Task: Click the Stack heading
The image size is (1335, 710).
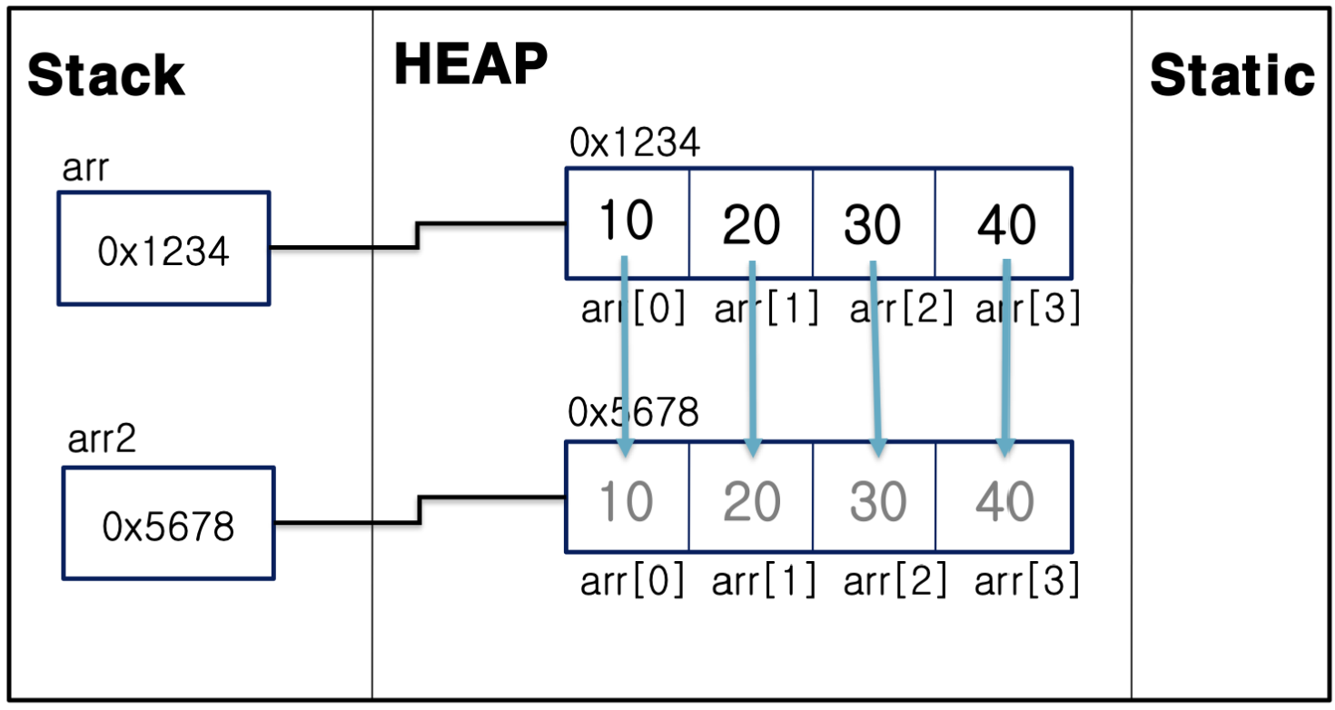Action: click(x=106, y=75)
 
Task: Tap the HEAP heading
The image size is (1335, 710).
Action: click(x=470, y=64)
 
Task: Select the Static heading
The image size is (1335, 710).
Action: click(x=1231, y=74)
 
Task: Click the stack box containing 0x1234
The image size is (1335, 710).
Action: click(x=164, y=248)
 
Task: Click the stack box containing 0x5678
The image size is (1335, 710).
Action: click(x=168, y=524)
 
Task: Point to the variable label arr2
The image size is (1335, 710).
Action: click(x=102, y=439)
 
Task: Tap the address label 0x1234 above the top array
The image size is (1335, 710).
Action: click(x=635, y=143)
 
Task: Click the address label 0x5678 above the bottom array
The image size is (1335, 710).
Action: click(x=634, y=413)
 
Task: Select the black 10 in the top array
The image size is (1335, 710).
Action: click(x=627, y=220)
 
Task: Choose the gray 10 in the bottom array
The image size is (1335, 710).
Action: click(x=627, y=500)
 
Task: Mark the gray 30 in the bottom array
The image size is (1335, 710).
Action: click(x=877, y=501)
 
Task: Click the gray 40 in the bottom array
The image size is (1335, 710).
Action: click(x=1005, y=501)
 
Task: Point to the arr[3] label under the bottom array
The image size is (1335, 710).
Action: click(x=1027, y=581)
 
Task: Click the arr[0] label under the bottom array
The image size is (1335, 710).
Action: click(x=633, y=581)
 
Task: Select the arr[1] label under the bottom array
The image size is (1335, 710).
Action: click(x=764, y=581)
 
